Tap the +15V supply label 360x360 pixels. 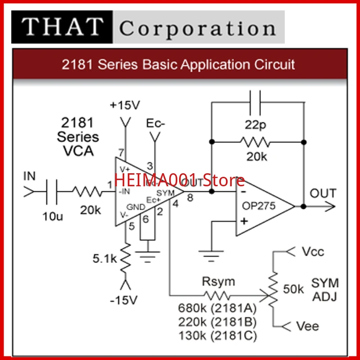coord(125,105)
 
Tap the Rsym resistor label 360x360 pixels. coord(218,283)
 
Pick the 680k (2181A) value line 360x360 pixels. coord(217,309)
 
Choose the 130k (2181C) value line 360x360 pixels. coord(217,335)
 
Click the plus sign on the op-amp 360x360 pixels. coord(243,221)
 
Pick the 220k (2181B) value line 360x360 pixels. coord(217,322)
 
